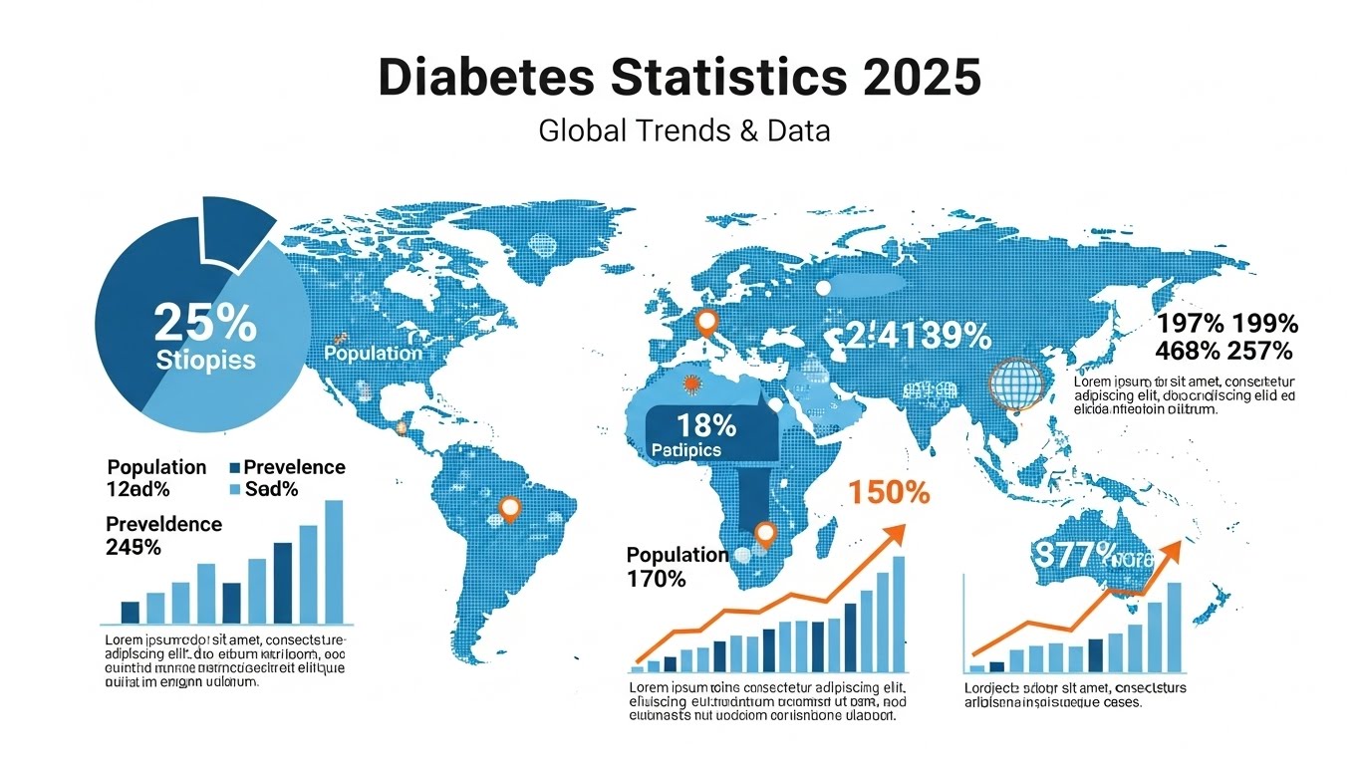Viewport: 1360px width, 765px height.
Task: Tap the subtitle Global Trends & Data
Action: pos(683,130)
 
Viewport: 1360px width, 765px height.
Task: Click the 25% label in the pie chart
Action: pos(205,323)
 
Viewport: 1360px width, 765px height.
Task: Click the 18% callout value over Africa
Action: pos(707,425)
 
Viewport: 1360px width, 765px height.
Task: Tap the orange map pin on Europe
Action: pos(706,322)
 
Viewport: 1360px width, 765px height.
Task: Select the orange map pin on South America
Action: pos(510,508)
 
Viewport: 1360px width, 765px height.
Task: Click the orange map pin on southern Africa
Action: pos(764,534)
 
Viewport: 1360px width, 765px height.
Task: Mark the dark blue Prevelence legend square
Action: pos(235,467)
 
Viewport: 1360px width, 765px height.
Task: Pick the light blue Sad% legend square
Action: pos(235,489)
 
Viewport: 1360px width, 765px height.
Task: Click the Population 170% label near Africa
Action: pos(678,566)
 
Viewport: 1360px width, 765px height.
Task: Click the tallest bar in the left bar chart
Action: pos(334,561)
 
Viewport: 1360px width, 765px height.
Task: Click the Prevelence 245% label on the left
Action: pos(163,535)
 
